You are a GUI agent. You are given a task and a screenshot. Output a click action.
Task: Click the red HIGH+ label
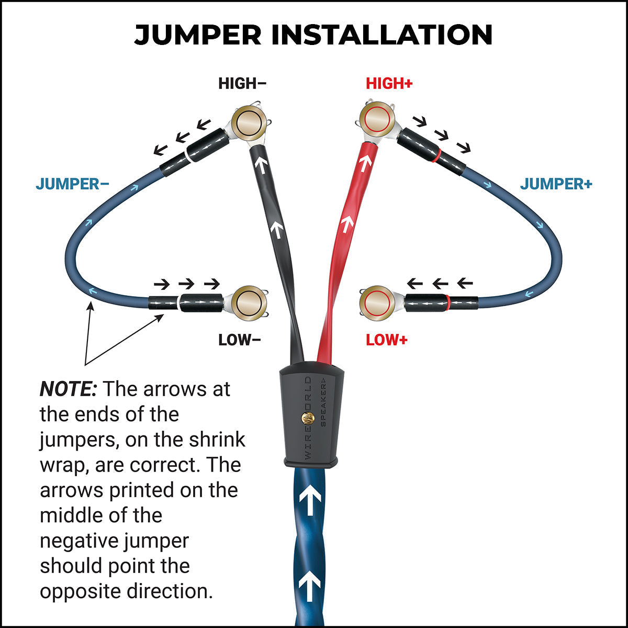click(389, 84)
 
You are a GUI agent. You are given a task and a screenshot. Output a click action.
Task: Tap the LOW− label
click(240, 340)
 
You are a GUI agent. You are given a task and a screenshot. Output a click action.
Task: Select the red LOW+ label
click(386, 340)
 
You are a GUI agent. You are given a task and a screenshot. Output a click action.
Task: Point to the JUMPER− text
click(72, 184)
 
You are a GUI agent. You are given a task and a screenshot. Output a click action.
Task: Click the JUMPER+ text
click(556, 184)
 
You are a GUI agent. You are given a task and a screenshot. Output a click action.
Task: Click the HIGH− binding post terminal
click(249, 124)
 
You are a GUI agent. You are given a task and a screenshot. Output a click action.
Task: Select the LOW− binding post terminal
click(249, 303)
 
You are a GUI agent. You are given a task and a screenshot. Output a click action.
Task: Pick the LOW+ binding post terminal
click(378, 303)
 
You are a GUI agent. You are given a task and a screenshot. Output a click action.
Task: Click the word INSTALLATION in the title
click(382, 35)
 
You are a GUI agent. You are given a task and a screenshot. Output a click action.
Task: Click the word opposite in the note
click(80, 591)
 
